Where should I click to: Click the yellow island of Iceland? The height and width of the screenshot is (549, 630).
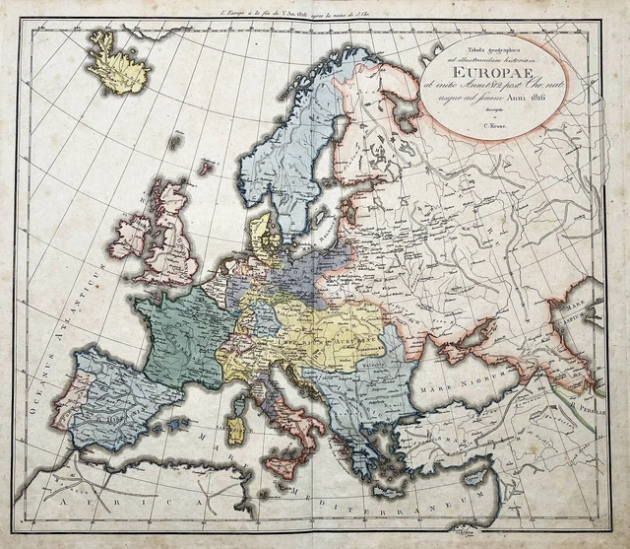point(118,64)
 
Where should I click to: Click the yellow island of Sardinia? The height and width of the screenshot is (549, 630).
point(236,429)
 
